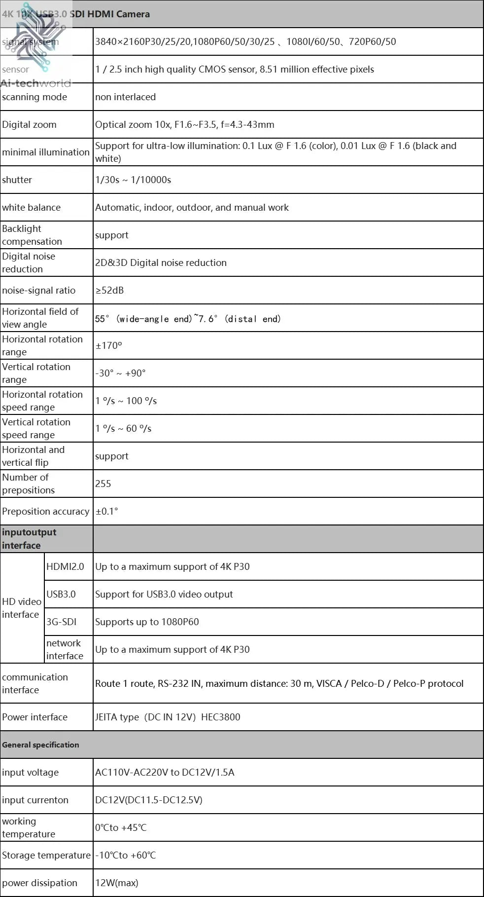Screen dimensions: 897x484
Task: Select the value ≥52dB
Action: (x=109, y=290)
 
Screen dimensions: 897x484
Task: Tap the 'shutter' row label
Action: (x=17, y=180)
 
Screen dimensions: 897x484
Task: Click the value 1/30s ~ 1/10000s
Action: (x=133, y=180)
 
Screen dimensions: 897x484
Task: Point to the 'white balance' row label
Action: (x=31, y=207)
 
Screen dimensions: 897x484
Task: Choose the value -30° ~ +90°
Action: (x=120, y=373)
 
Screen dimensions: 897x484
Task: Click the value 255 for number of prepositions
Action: (x=103, y=484)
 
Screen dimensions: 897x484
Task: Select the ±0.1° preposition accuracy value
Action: (x=107, y=511)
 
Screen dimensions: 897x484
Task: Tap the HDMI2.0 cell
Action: (x=65, y=566)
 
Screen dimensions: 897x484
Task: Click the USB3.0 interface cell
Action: (x=61, y=594)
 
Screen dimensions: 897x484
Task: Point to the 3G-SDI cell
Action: (x=62, y=622)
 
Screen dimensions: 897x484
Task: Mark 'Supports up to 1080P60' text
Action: (x=147, y=622)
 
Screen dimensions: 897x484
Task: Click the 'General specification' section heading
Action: (x=40, y=745)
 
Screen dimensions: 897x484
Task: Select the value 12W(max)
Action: (x=117, y=883)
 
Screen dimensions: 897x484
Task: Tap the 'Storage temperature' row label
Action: (x=46, y=855)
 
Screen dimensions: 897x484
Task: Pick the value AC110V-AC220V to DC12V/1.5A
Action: (x=165, y=772)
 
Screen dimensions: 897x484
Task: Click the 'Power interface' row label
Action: (x=35, y=717)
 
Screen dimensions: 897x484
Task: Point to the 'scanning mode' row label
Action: (x=35, y=97)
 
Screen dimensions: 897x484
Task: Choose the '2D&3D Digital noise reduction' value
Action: (x=161, y=262)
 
